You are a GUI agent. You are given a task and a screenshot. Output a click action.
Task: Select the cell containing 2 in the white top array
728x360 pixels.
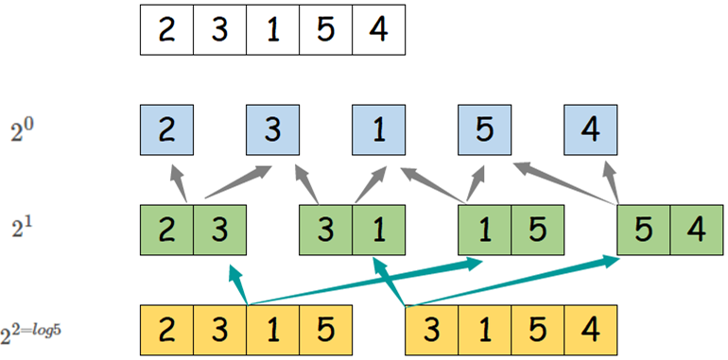coord(166,29)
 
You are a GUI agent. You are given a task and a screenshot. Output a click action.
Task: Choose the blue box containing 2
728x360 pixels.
coord(167,132)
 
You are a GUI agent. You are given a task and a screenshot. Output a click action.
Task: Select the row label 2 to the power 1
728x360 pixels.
coord(22,231)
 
